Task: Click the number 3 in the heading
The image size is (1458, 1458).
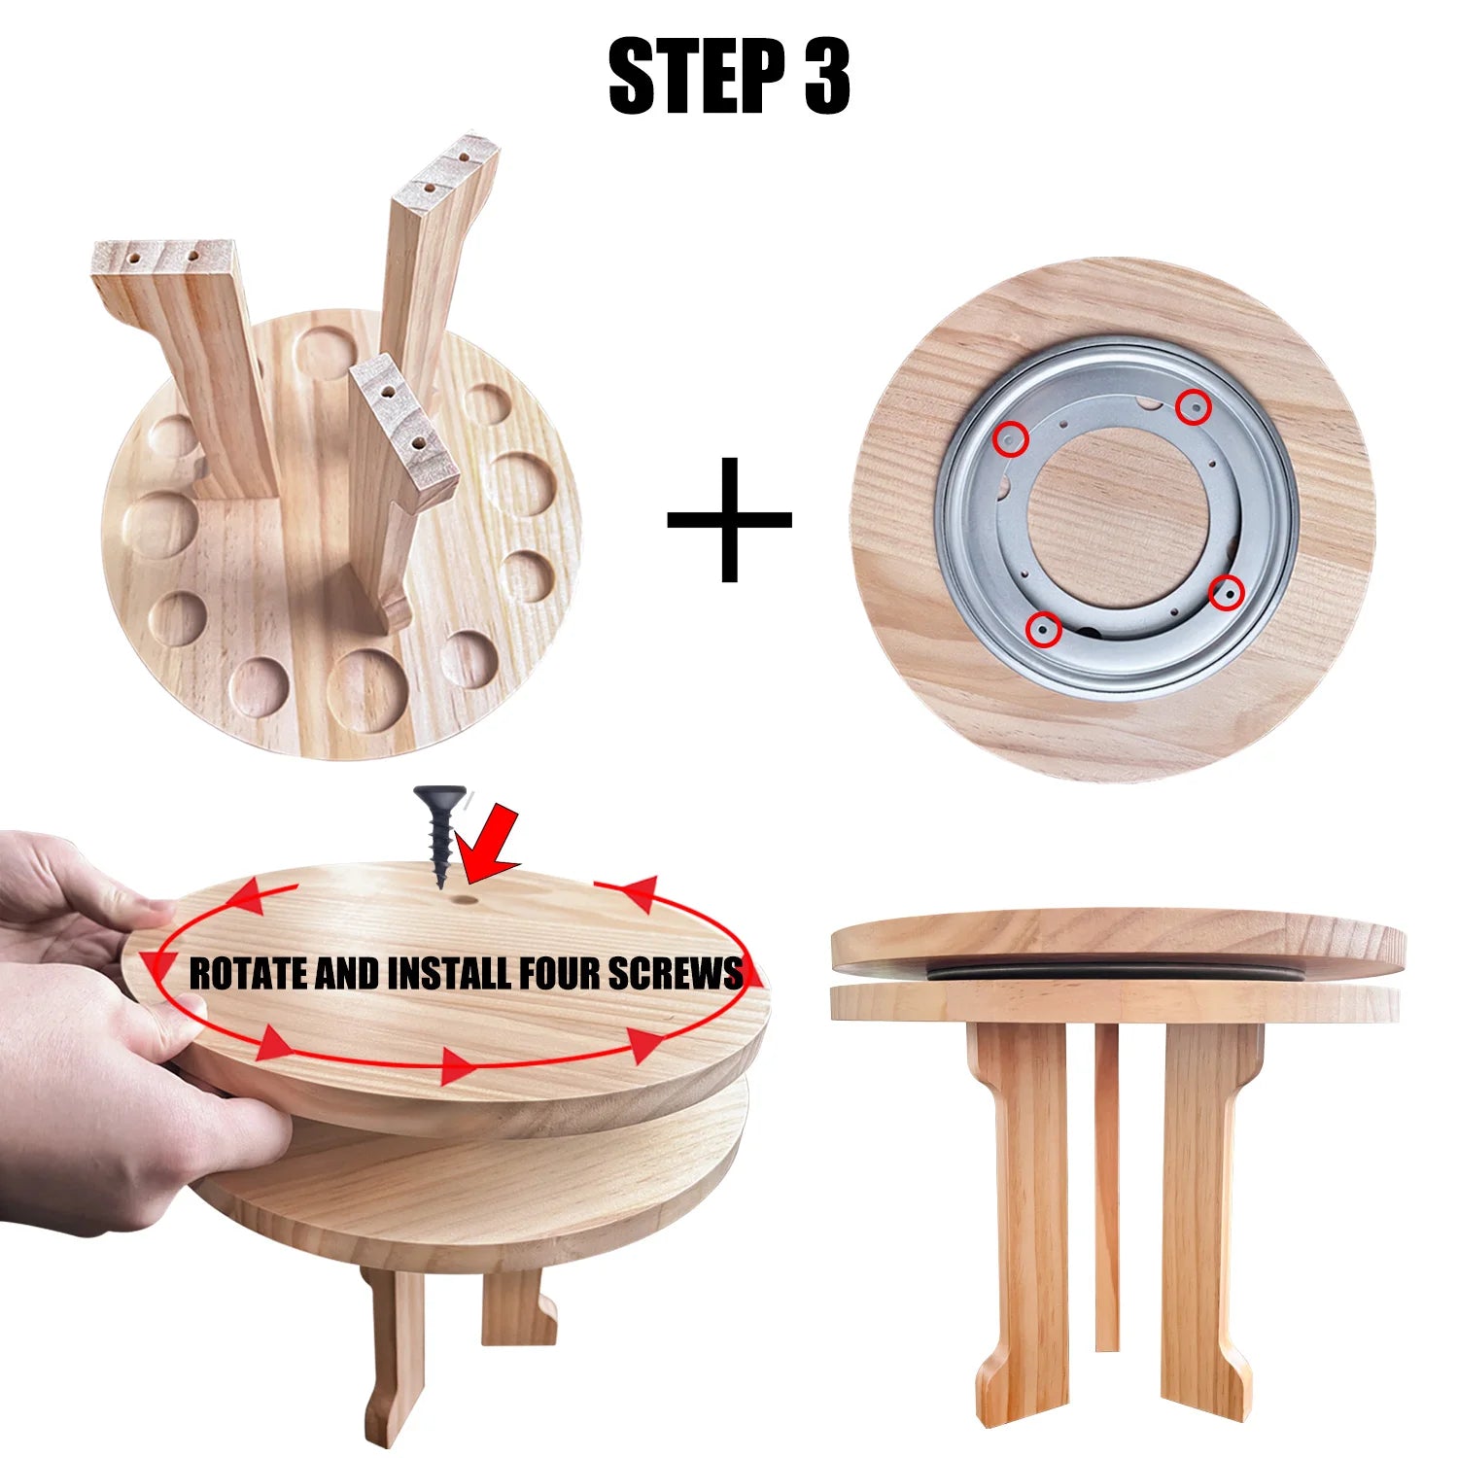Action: (x=827, y=77)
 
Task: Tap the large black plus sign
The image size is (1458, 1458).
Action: (x=729, y=519)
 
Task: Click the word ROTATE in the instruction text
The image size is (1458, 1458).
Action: (x=249, y=973)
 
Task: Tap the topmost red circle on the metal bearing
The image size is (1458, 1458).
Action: (x=1193, y=407)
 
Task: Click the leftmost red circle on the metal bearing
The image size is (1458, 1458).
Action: (x=1012, y=439)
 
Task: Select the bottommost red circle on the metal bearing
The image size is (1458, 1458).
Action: (x=1045, y=630)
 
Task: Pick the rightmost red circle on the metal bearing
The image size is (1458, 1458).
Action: (x=1227, y=592)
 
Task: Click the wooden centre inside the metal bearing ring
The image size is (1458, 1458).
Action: (x=1118, y=515)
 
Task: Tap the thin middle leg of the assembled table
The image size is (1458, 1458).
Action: (x=1107, y=1186)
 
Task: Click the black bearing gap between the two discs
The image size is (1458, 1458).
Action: (x=1118, y=973)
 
